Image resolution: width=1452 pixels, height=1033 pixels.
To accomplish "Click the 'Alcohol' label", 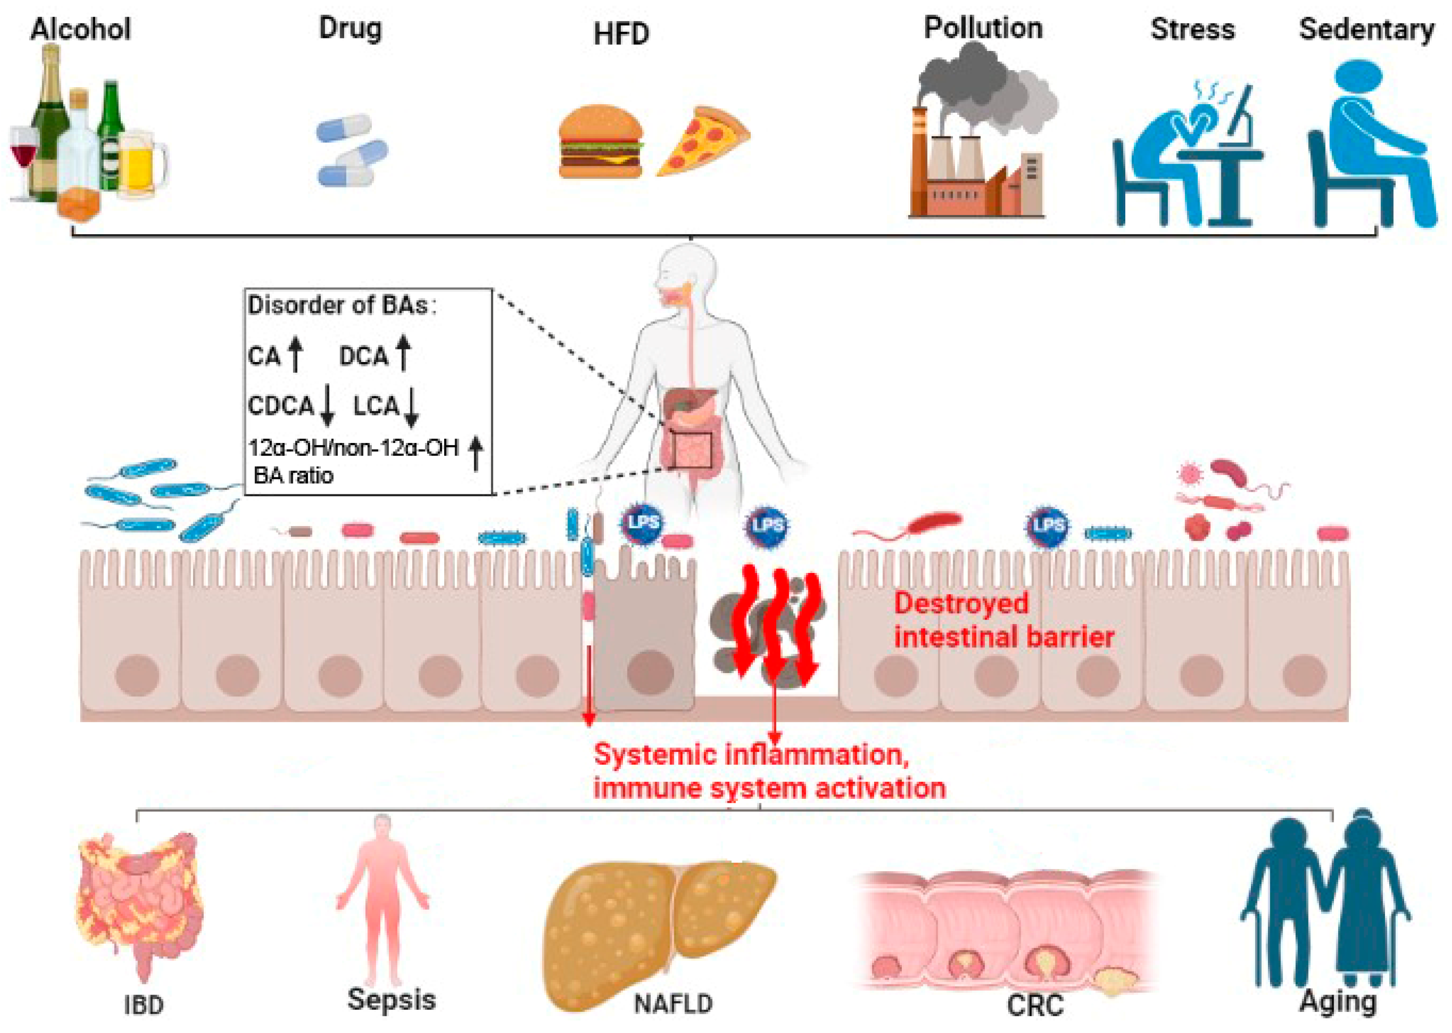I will pyautogui.click(x=81, y=29).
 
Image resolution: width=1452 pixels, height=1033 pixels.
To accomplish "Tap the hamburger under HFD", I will pyautogui.click(x=600, y=142).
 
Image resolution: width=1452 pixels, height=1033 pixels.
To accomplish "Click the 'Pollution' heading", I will pyautogui.click(x=983, y=29).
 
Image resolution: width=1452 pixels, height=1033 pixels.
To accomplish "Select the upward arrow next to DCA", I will pyautogui.click(x=403, y=353).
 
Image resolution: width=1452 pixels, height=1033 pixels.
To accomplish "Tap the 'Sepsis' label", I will pyautogui.click(x=391, y=999).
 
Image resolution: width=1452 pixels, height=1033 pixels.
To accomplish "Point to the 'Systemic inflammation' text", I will pyautogui.click(x=750, y=755).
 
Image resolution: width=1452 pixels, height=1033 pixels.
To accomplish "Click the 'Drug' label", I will pyautogui.click(x=350, y=28).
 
